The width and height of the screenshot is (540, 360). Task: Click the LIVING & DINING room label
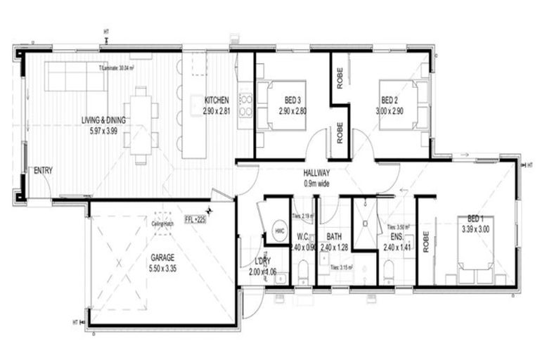coord(103,120)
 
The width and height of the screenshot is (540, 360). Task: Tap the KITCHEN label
coord(217,100)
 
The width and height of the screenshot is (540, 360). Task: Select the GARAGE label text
coord(163,257)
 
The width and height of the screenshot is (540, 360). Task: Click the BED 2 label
coord(390,100)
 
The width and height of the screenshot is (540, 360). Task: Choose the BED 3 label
coord(294,100)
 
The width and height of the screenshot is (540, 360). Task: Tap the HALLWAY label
coord(317,173)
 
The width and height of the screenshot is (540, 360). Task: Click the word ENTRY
coord(43,171)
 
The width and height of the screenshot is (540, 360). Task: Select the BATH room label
coord(334,237)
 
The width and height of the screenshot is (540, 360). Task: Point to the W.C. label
coord(304,237)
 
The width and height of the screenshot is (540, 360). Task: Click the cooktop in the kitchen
coord(246,105)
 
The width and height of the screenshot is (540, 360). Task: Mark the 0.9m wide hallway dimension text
coord(317,184)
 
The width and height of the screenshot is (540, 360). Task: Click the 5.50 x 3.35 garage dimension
coord(162,269)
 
